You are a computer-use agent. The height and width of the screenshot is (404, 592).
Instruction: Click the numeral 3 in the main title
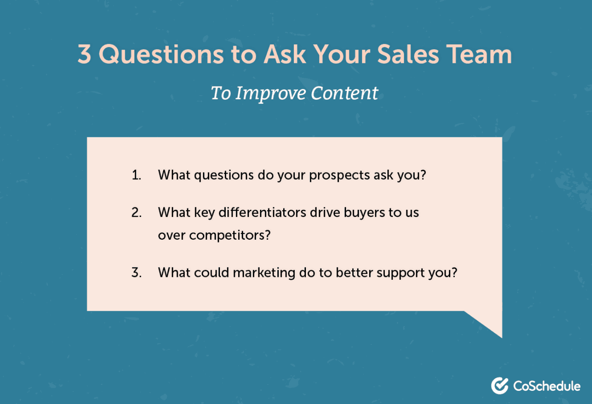pos(84,54)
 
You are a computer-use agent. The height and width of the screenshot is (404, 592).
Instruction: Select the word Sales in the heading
pos(408,54)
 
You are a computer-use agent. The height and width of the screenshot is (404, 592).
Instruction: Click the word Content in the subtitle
pos(344,93)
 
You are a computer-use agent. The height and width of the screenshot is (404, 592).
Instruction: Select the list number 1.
pos(136,175)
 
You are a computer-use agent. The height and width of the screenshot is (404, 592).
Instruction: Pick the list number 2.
pos(136,212)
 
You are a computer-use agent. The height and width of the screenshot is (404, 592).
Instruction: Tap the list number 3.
pos(136,272)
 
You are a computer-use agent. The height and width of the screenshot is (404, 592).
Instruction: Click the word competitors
pos(229,235)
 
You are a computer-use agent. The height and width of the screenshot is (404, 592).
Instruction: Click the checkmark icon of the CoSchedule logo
pos(499,386)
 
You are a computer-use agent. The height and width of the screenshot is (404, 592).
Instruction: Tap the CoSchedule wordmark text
pos(547,386)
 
